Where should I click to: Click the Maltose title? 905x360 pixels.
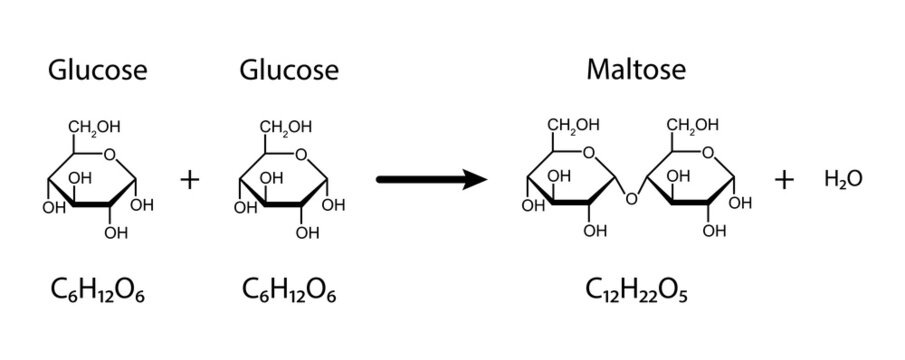click(635, 71)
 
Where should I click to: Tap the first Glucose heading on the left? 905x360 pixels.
click(98, 71)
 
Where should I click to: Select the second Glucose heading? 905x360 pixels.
click(289, 71)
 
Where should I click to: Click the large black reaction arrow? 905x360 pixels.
click(431, 180)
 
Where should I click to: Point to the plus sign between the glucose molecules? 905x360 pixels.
click(190, 180)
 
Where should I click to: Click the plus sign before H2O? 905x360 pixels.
click(785, 180)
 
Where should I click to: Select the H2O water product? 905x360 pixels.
click(843, 180)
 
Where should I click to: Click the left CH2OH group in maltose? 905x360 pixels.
click(573, 126)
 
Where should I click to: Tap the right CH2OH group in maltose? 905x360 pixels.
click(693, 126)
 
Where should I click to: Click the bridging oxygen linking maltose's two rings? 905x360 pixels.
click(630, 199)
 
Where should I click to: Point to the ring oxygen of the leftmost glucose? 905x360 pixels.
click(109, 154)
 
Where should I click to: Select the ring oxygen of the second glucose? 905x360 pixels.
click(301, 154)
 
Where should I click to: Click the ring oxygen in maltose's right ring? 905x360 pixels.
click(709, 153)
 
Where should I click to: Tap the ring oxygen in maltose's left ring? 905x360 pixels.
click(590, 153)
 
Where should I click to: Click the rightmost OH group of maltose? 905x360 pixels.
click(741, 204)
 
